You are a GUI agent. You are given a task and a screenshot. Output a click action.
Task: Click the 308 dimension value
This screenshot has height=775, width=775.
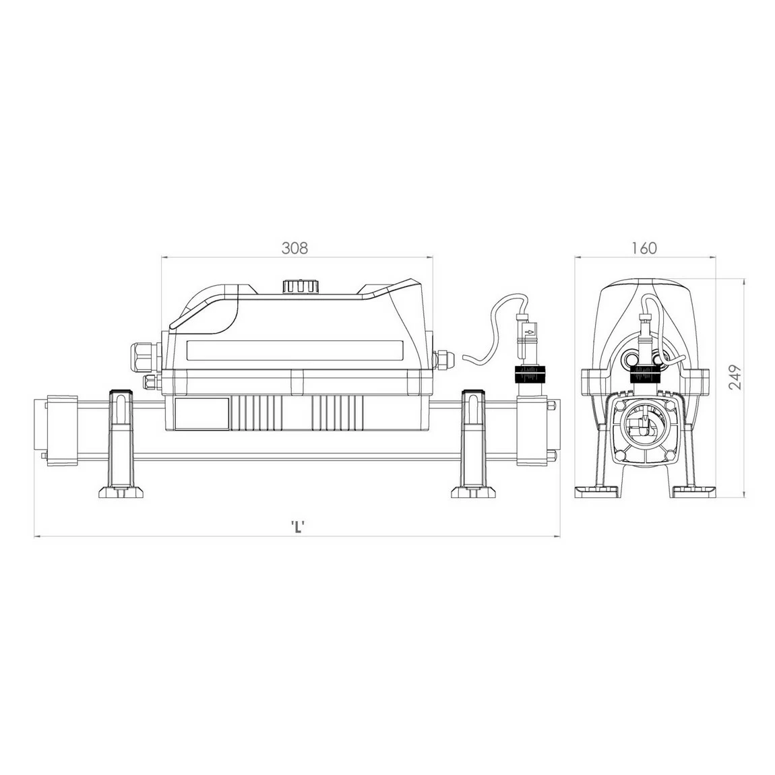pos(294,248)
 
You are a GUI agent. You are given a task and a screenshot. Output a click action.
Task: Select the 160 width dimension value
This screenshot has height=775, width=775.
pos(644,248)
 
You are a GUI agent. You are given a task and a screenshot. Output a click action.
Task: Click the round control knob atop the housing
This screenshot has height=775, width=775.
pos(299,286)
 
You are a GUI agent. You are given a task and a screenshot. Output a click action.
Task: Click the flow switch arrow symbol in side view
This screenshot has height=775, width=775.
pos(530,332)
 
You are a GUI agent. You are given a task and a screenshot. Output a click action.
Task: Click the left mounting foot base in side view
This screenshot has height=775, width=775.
pos(122,491)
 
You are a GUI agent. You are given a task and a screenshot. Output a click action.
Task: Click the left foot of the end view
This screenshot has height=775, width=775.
pos(596,491)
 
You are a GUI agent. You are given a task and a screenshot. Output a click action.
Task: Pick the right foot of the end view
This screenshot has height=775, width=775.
pos(694,491)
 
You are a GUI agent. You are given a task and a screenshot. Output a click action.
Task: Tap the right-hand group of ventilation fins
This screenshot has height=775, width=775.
pos(338,412)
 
